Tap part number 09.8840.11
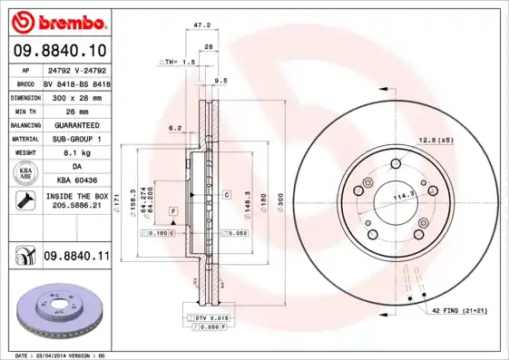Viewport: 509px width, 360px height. pos(76,258)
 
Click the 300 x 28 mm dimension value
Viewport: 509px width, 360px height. pos(75,96)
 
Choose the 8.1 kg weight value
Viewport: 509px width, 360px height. pos(75,153)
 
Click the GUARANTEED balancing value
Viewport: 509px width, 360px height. pos(75,124)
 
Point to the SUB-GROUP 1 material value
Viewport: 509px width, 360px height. pos(75,139)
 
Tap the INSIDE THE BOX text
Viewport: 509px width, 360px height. pos(76,196)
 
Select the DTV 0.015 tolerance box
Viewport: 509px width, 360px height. pos(209,317)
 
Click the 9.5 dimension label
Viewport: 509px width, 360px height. pos(220,82)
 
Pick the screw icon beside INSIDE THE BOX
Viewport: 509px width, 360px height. pos(22,200)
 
